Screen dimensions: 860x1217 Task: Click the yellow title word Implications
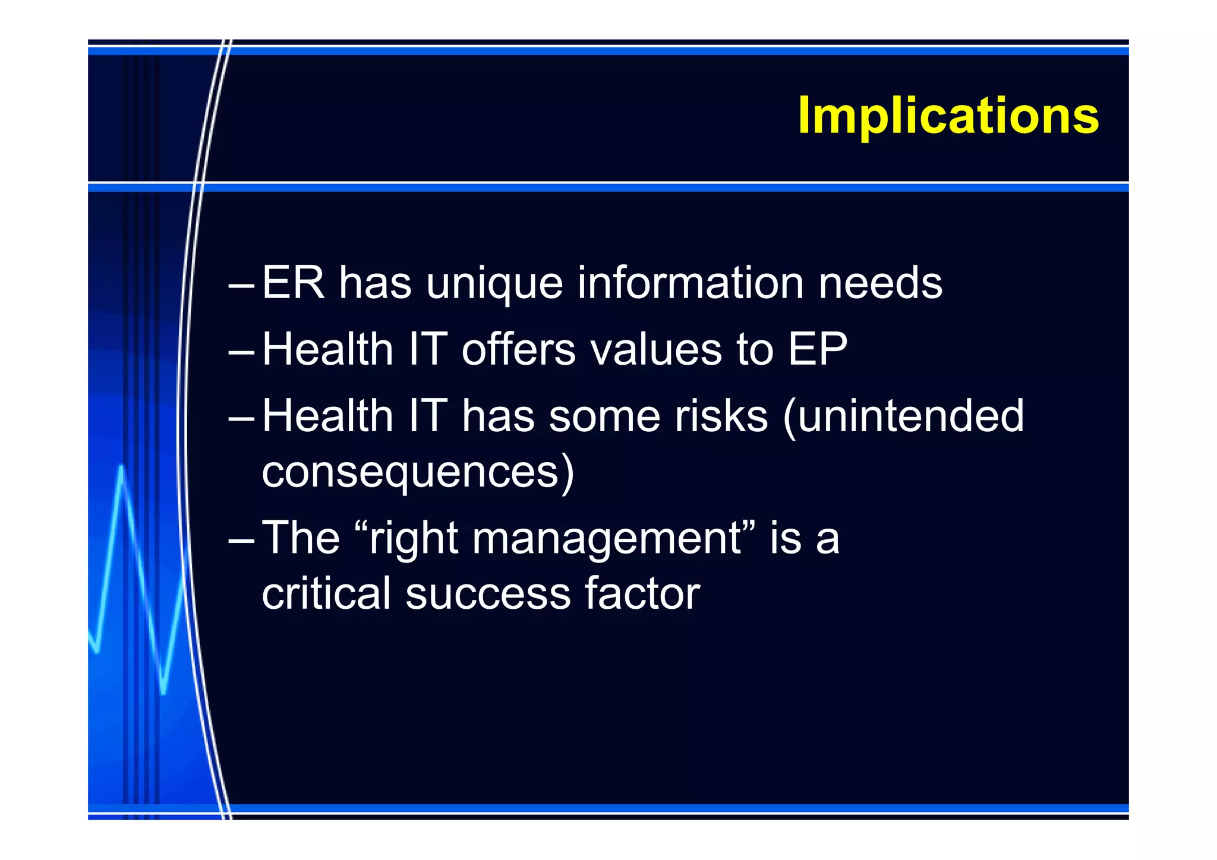coord(948,116)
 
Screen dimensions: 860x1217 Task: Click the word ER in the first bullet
coord(293,283)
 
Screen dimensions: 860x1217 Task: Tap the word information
coord(691,283)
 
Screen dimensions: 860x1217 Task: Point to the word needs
coord(880,283)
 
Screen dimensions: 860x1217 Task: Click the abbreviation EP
coord(817,349)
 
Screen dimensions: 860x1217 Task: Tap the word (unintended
coord(903,416)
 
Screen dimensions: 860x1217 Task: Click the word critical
coord(326,593)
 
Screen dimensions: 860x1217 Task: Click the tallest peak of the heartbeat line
coord(121,467)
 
